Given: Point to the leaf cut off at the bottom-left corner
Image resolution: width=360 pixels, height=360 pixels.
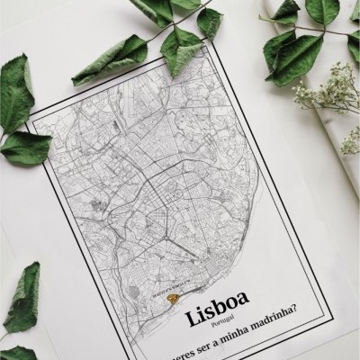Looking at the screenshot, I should [13, 352].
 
